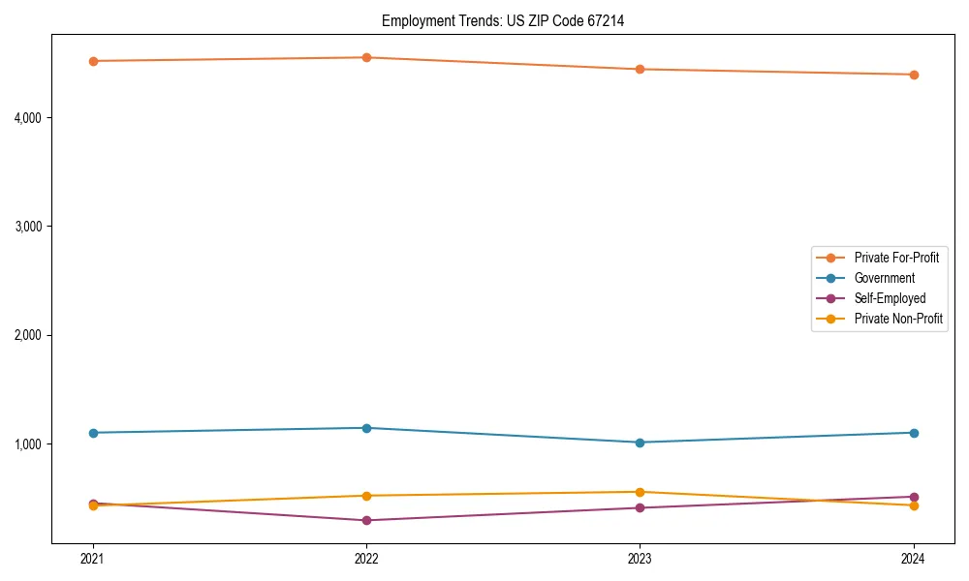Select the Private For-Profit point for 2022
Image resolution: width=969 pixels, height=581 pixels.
pos(366,57)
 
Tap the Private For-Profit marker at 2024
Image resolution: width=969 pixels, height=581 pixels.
pos(914,75)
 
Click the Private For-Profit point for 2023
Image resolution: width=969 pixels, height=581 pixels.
pos(640,69)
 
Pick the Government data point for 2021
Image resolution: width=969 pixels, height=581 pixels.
pos(93,433)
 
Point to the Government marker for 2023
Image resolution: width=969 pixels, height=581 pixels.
pos(640,443)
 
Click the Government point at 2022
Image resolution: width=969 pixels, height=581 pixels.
pos(366,428)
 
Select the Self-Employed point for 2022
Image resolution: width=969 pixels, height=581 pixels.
pos(366,520)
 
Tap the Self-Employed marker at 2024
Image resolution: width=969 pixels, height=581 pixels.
pos(914,497)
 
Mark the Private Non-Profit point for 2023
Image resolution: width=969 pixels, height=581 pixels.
pos(640,492)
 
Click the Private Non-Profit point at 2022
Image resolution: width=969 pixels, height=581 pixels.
pos(366,496)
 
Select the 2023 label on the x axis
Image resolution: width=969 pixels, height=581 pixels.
pos(640,559)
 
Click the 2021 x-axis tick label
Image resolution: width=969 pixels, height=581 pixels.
pos(93,559)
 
